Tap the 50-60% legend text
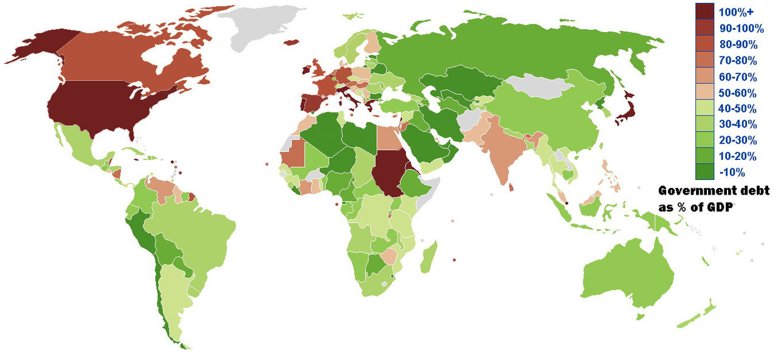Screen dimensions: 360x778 (737, 93)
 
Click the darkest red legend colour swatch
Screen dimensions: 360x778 (705, 12)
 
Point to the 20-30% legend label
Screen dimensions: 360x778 (737, 140)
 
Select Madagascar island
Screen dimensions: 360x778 (430, 256)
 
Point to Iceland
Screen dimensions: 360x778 (292, 42)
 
